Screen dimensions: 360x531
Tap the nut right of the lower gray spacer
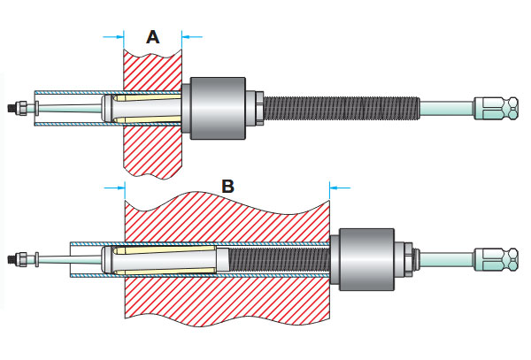pos(406,257)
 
